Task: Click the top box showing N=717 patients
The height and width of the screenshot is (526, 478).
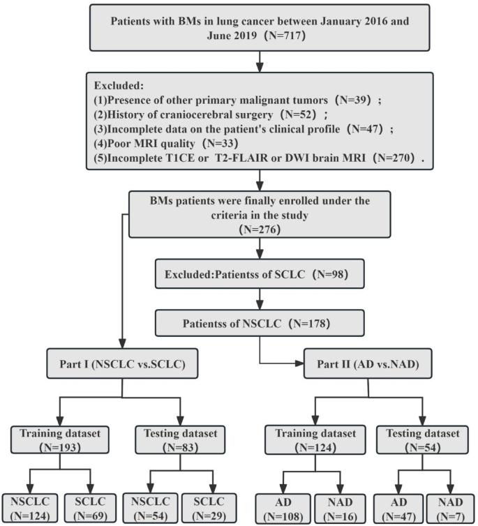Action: click(259, 30)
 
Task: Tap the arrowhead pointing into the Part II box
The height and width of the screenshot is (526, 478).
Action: click(299, 363)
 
